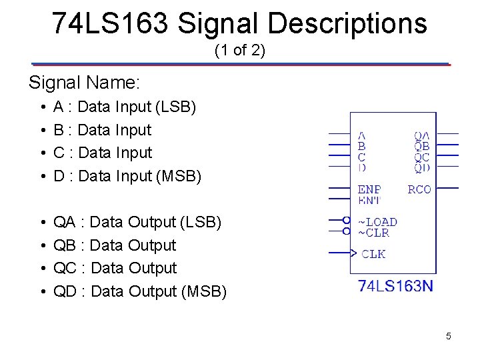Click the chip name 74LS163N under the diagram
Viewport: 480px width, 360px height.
point(395,286)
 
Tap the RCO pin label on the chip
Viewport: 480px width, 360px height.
point(419,189)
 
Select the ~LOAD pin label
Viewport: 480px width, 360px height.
point(377,221)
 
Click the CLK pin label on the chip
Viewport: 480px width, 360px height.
point(373,254)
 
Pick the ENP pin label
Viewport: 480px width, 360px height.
point(369,189)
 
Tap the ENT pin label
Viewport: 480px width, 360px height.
point(369,200)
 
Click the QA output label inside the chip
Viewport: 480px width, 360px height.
point(421,135)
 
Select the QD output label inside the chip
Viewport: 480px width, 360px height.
point(421,167)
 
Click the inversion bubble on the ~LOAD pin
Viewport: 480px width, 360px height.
point(346,220)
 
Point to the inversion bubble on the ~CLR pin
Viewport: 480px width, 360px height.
point(346,231)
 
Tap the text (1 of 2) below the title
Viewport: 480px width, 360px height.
point(240,50)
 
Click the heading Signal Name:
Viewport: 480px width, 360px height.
point(84,83)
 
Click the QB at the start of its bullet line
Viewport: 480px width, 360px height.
point(64,245)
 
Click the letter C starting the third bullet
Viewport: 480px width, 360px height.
point(59,153)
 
